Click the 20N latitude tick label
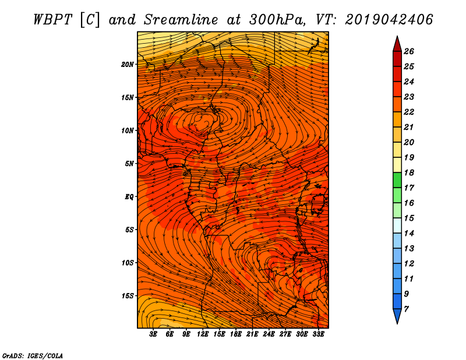click(x=128, y=65)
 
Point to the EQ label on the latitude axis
click(x=129, y=197)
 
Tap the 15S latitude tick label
click(x=128, y=296)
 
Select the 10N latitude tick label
click(x=128, y=130)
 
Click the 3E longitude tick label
click(x=153, y=334)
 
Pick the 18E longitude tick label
click(x=236, y=334)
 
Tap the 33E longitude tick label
click(x=318, y=334)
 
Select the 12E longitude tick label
click(x=203, y=334)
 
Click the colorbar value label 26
click(x=409, y=51)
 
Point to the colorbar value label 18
click(x=409, y=172)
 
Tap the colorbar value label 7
click(x=406, y=309)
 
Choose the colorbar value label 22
click(x=409, y=112)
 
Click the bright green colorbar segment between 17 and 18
click(x=397, y=180)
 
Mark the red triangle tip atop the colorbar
click(x=397, y=36)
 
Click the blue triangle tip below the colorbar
click(x=397, y=323)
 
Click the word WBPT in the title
click(x=52, y=20)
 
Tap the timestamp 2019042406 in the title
click(x=389, y=20)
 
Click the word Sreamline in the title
click(x=181, y=20)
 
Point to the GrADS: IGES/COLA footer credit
click(x=33, y=356)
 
